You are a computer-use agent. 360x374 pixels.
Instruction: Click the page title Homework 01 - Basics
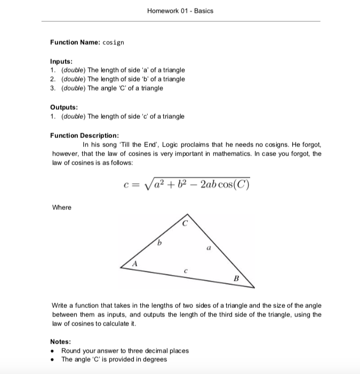pos(180,11)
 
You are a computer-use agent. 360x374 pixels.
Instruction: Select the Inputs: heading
pos(62,61)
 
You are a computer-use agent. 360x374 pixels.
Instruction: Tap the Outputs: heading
pos(65,107)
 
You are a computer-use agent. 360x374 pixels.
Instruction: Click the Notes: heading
pos(61,342)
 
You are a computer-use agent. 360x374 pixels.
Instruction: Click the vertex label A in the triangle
pos(135,263)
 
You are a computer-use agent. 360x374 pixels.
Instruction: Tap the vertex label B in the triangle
pos(236,278)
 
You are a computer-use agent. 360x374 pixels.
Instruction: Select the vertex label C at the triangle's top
pos(185,224)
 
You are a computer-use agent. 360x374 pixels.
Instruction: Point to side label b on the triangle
pos(158,243)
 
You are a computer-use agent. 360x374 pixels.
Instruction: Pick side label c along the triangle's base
pos(183,271)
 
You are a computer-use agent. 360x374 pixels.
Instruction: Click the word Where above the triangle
pos(61,207)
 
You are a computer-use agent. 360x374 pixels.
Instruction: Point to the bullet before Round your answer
pos(53,351)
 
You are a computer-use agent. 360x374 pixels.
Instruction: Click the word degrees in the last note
pos(155,359)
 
